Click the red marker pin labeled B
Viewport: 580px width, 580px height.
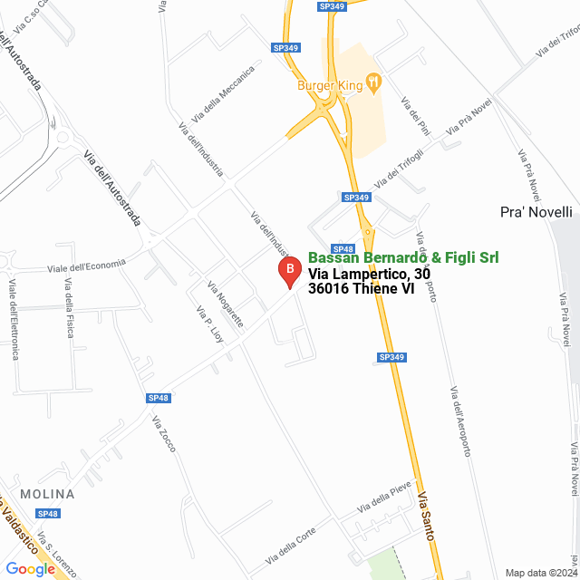tap(289, 271)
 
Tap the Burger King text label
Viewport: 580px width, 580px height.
tap(330, 86)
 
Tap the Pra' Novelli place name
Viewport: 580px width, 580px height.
tap(536, 212)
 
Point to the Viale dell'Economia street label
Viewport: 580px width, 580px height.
tap(86, 266)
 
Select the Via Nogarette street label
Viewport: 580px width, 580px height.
tap(226, 304)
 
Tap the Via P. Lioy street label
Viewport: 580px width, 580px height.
tap(209, 324)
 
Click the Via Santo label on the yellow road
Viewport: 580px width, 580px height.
tap(426, 517)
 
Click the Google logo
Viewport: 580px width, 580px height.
tap(30, 569)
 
